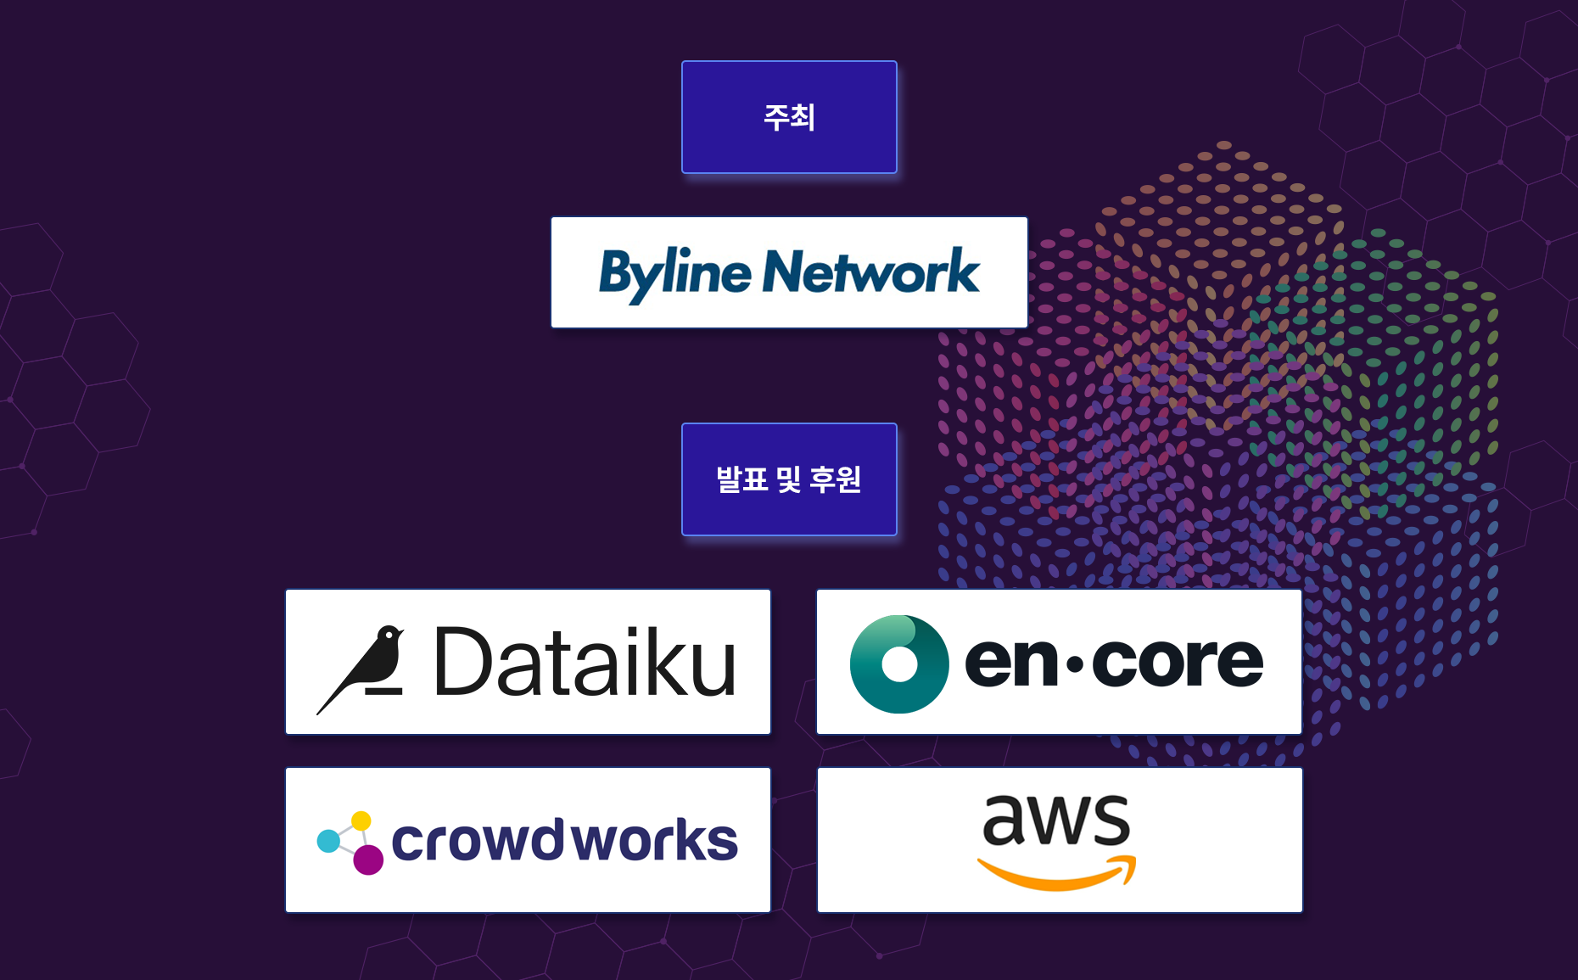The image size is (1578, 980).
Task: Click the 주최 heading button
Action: (789, 117)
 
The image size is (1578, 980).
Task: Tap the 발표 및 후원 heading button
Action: (789, 479)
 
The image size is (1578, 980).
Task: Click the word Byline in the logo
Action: (674, 273)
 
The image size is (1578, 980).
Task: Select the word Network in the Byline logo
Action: (871, 273)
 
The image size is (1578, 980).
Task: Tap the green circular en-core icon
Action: (899, 664)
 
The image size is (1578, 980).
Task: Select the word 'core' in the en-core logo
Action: (1178, 663)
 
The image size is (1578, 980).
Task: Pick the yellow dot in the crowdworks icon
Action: (361, 820)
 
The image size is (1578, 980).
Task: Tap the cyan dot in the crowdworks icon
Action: (327, 841)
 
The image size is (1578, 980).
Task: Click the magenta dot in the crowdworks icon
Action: (368, 860)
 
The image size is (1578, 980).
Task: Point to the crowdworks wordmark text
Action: (564, 841)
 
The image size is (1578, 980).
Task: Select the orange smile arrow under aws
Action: (1056, 875)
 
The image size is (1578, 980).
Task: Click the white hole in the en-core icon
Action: (899, 664)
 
